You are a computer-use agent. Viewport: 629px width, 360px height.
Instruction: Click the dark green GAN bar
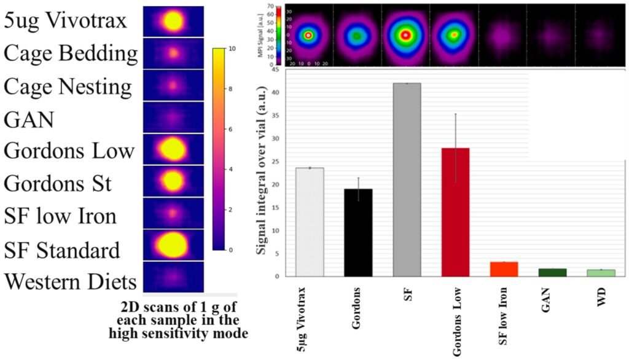pyautogui.click(x=552, y=272)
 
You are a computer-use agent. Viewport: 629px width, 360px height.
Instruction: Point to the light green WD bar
pyautogui.click(x=600, y=273)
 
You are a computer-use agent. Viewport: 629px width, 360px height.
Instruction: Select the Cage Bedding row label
pyautogui.click(x=71, y=53)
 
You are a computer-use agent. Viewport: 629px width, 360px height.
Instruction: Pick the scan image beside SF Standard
pyautogui.click(x=173, y=245)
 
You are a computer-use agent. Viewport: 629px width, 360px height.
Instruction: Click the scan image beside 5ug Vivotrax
pyautogui.click(x=173, y=22)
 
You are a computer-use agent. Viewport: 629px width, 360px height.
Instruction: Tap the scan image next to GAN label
pyautogui.click(x=173, y=117)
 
